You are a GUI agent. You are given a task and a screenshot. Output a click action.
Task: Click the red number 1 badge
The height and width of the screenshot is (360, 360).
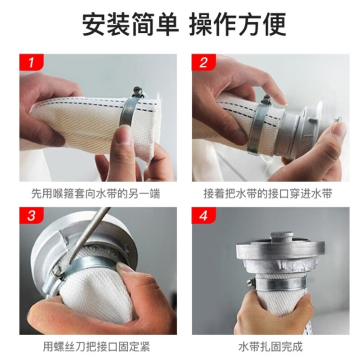pyautogui.click(x=31, y=62)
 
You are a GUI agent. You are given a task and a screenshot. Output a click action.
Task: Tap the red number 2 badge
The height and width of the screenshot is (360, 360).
pyautogui.click(x=204, y=62)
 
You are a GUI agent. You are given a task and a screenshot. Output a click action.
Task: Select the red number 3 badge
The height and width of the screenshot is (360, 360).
pyautogui.click(x=31, y=216)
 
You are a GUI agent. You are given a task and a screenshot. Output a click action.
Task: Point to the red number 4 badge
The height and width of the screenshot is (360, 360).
pyautogui.click(x=204, y=216)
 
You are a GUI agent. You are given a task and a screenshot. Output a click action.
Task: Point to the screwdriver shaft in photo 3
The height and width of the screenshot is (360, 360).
pyautogui.click(x=90, y=232)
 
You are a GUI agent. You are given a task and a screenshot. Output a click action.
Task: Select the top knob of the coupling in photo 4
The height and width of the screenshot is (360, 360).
pyautogui.click(x=282, y=238)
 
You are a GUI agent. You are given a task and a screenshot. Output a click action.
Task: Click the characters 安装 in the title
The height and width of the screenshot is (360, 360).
pyautogui.click(x=106, y=24)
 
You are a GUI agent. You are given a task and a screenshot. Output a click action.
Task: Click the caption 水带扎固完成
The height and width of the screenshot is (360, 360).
pyautogui.click(x=271, y=346)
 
